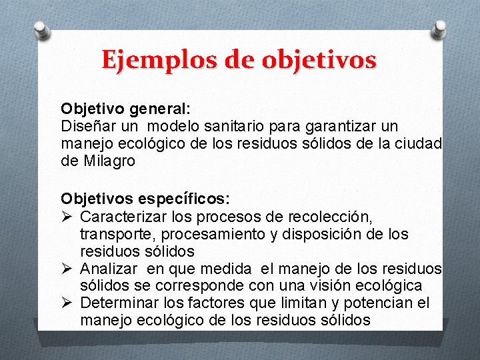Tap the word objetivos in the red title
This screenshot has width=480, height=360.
(319, 60)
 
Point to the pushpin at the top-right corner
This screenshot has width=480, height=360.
(441, 29)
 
